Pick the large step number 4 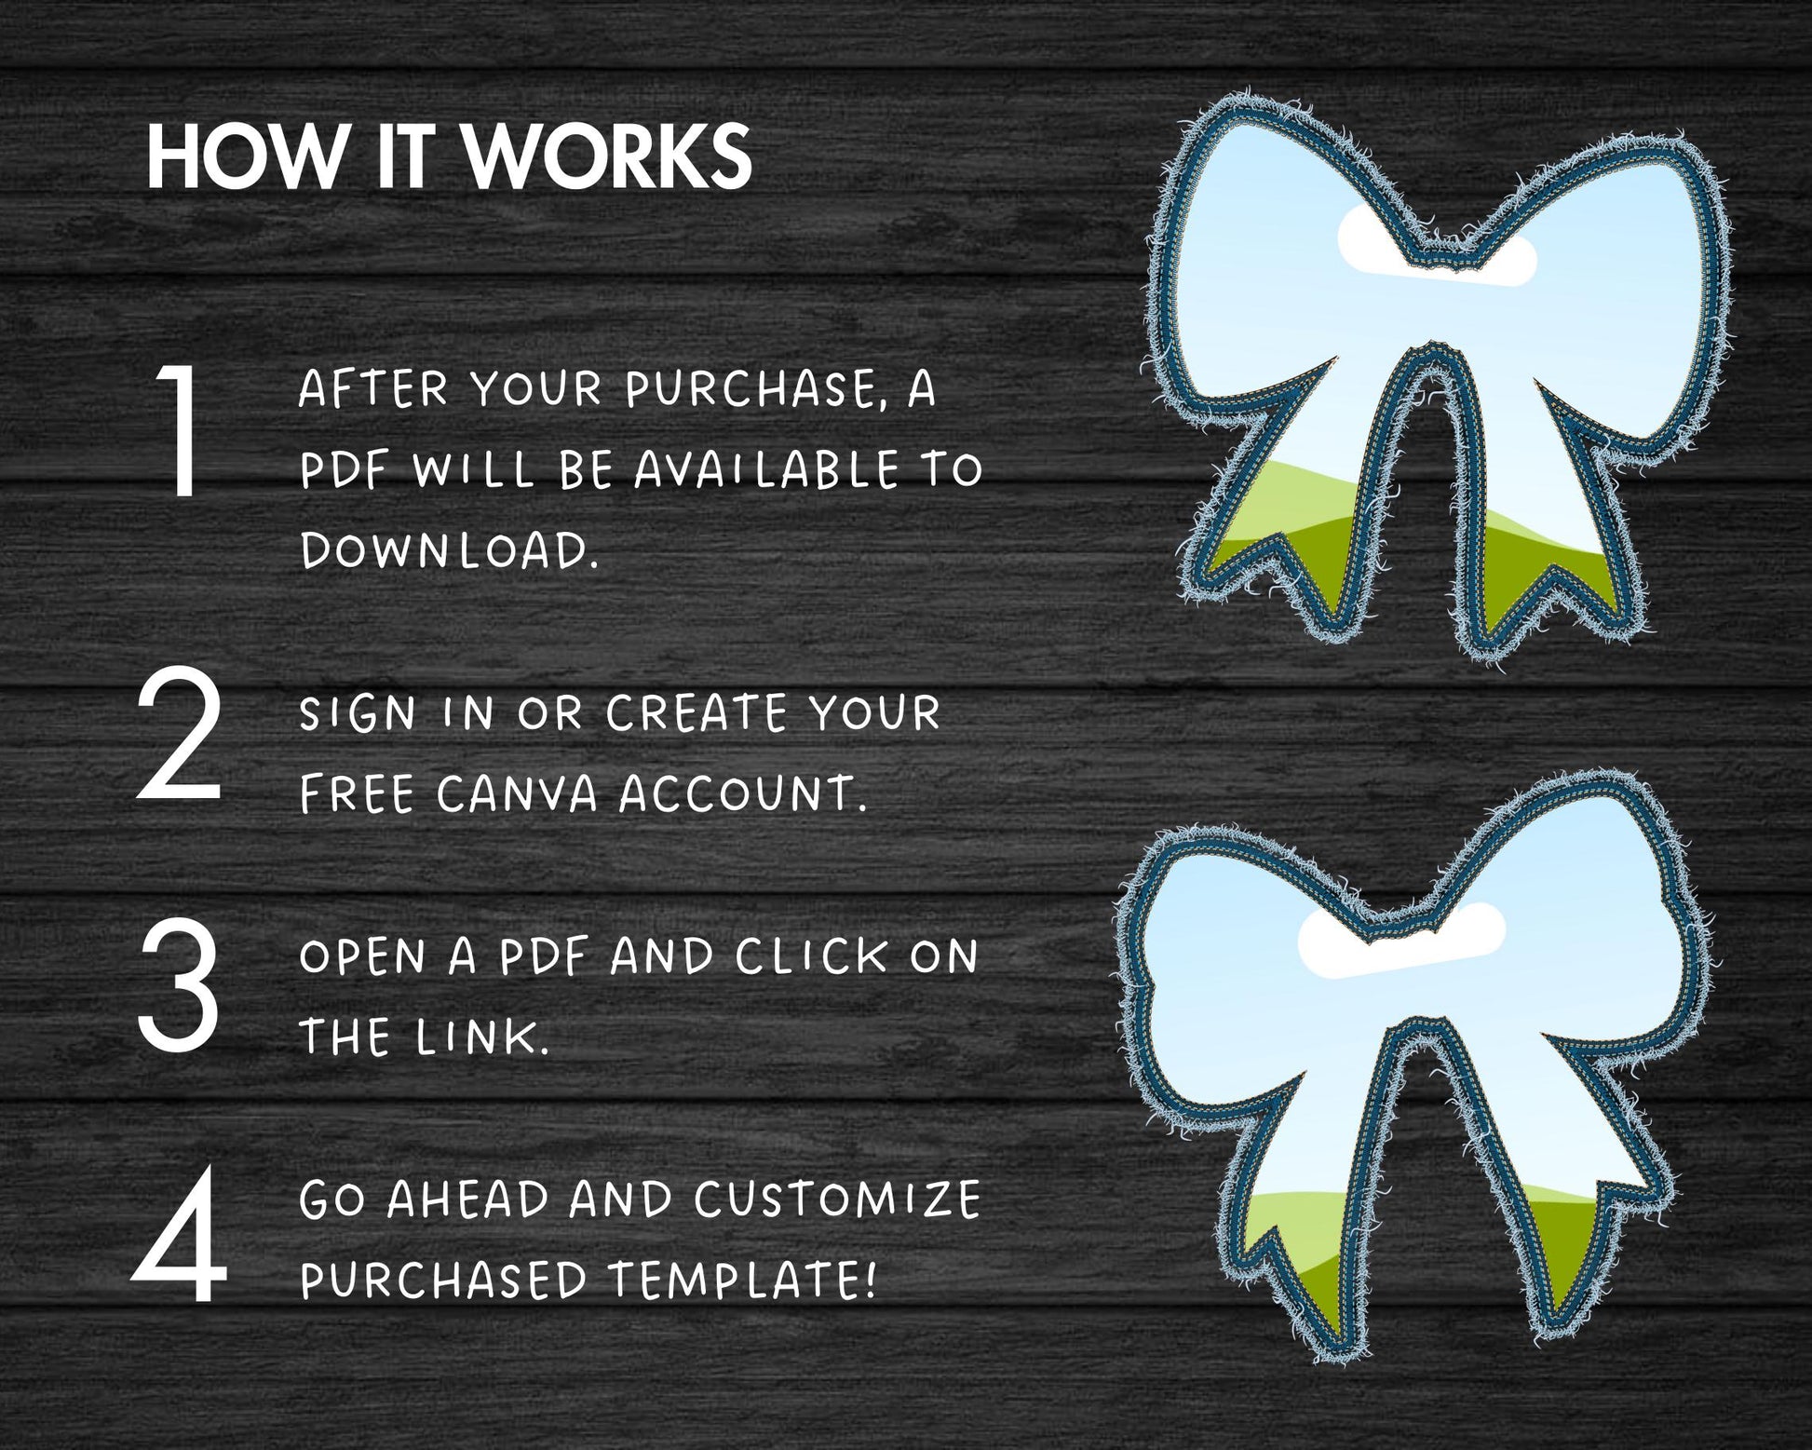pos(179,1235)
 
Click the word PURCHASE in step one pos(751,388)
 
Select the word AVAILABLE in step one pos(766,469)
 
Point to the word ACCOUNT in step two pos(742,793)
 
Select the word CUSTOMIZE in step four pos(837,1199)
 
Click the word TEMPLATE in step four pos(742,1280)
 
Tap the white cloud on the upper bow pos(1437,245)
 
